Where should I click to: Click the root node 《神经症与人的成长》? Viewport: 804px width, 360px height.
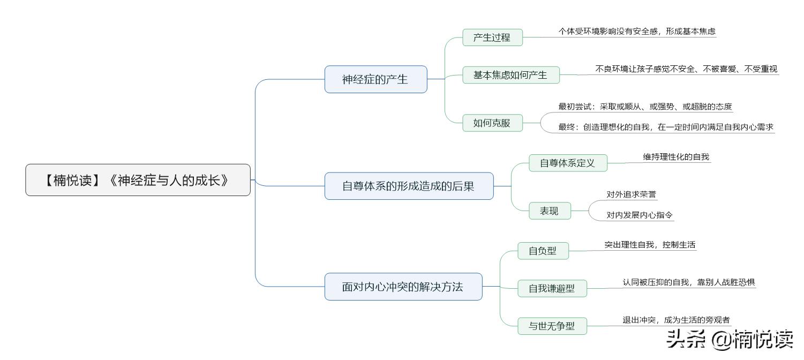click(138, 180)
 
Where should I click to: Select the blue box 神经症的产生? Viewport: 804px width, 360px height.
click(375, 79)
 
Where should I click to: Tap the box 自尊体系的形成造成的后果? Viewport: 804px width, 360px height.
click(409, 186)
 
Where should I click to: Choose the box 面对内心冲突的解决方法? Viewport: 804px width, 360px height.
click(403, 287)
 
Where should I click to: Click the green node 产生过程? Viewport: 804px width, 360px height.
click(492, 37)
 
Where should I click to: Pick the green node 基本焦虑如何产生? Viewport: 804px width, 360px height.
click(510, 75)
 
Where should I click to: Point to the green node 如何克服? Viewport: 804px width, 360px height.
click(492, 123)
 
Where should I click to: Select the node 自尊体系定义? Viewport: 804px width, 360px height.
click(568, 163)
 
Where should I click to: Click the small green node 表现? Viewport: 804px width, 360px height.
click(549, 211)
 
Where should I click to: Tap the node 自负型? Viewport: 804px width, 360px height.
click(543, 251)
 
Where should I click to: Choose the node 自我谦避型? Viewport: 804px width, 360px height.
click(552, 288)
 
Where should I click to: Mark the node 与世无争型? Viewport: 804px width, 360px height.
click(552, 326)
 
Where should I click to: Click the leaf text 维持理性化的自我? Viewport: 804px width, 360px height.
click(676, 157)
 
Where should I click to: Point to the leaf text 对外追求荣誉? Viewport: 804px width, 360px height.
click(631, 194)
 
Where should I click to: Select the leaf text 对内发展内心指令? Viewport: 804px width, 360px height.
click(640, 215)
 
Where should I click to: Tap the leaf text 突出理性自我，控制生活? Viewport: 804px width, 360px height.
click(650, 245)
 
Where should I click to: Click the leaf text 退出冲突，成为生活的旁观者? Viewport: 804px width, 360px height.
click(676, 320)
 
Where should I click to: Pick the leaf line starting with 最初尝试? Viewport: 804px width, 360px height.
click(645, 107)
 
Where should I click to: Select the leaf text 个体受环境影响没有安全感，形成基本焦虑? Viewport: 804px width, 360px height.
click(637, 32)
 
